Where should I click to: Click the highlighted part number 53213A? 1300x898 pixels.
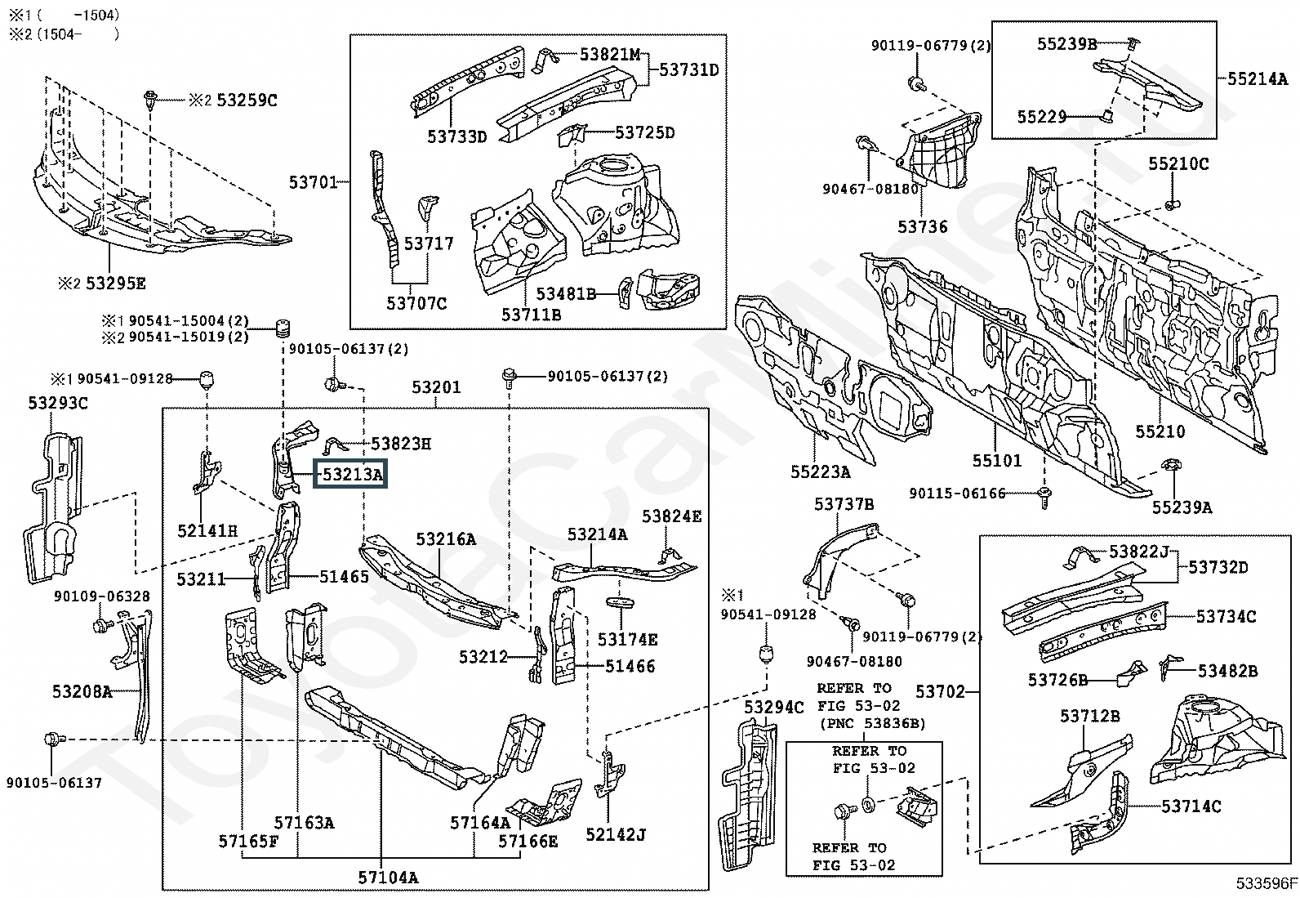350,474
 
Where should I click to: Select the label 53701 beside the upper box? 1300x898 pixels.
313,181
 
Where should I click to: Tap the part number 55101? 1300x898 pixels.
996,461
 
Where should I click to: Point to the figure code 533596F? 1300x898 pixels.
1266,883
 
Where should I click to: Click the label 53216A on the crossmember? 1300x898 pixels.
446,539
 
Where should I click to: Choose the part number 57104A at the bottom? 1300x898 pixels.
388,878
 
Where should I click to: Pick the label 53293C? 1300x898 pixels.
58,403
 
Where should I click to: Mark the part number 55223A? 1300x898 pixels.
820,471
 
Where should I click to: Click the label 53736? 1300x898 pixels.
923,227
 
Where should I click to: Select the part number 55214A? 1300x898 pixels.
1258,79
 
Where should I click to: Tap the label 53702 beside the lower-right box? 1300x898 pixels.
940,693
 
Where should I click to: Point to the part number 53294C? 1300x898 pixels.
773,707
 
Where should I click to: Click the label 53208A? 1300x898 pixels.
82,692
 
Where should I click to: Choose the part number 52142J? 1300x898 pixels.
616,834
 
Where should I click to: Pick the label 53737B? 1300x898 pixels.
844,505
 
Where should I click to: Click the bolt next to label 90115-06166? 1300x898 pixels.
1044,495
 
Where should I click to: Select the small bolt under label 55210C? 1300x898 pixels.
1170,203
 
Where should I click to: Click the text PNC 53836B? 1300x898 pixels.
871,723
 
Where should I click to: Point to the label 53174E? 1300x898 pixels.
627,640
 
